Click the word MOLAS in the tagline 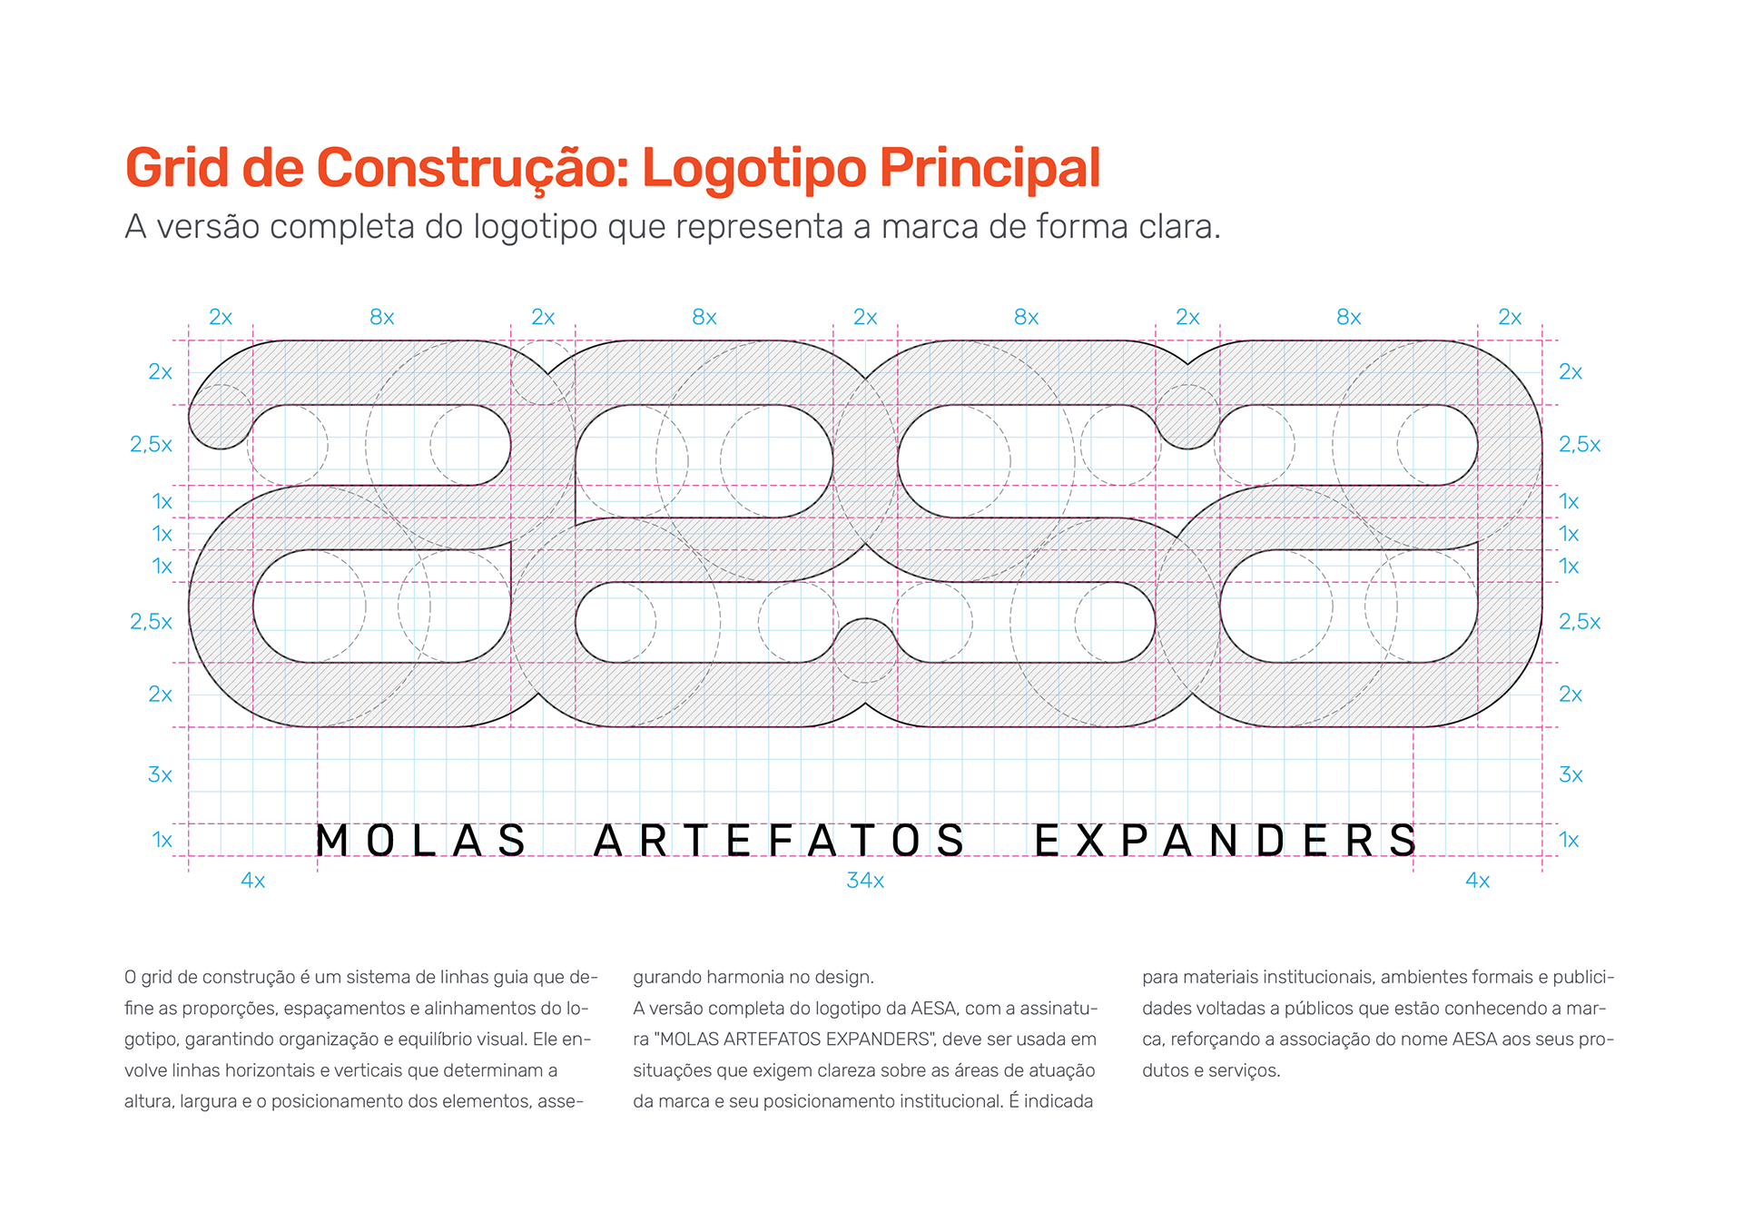(420, 841)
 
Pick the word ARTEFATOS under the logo (780, 841)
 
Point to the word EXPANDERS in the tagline (1226, 841)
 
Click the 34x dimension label (865, 881)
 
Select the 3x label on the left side (161, 775)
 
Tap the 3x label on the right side (1571, 775)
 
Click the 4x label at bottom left (253, 881)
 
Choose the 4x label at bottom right (1478, 881)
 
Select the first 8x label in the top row (382, 318)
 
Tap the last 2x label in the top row (1510, 318)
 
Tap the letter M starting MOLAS (331, 841)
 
